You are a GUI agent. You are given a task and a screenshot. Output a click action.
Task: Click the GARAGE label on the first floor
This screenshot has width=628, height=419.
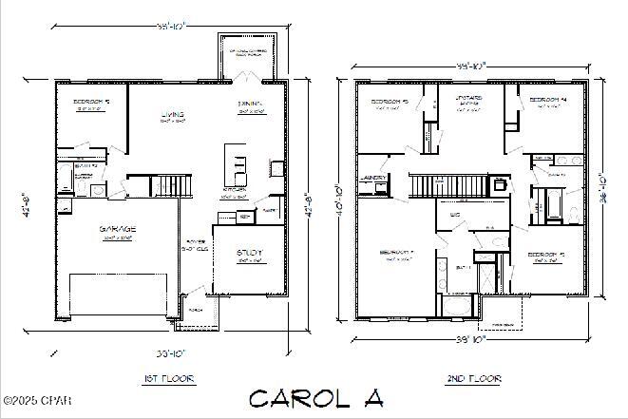click(118, 229)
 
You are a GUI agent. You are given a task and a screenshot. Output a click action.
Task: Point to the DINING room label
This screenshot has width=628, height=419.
click(251, 104)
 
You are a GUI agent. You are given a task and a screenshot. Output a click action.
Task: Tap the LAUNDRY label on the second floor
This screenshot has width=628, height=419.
click(372, 178)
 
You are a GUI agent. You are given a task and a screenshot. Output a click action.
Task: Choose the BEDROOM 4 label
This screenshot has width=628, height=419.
click(548, 100)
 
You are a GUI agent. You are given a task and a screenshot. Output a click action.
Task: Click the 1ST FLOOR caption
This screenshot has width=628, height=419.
click(169, 378)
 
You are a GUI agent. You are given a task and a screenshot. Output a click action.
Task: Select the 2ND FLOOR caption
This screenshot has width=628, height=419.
click(473, 378)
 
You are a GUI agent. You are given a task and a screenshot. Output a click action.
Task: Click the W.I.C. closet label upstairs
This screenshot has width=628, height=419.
click(455, 216)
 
